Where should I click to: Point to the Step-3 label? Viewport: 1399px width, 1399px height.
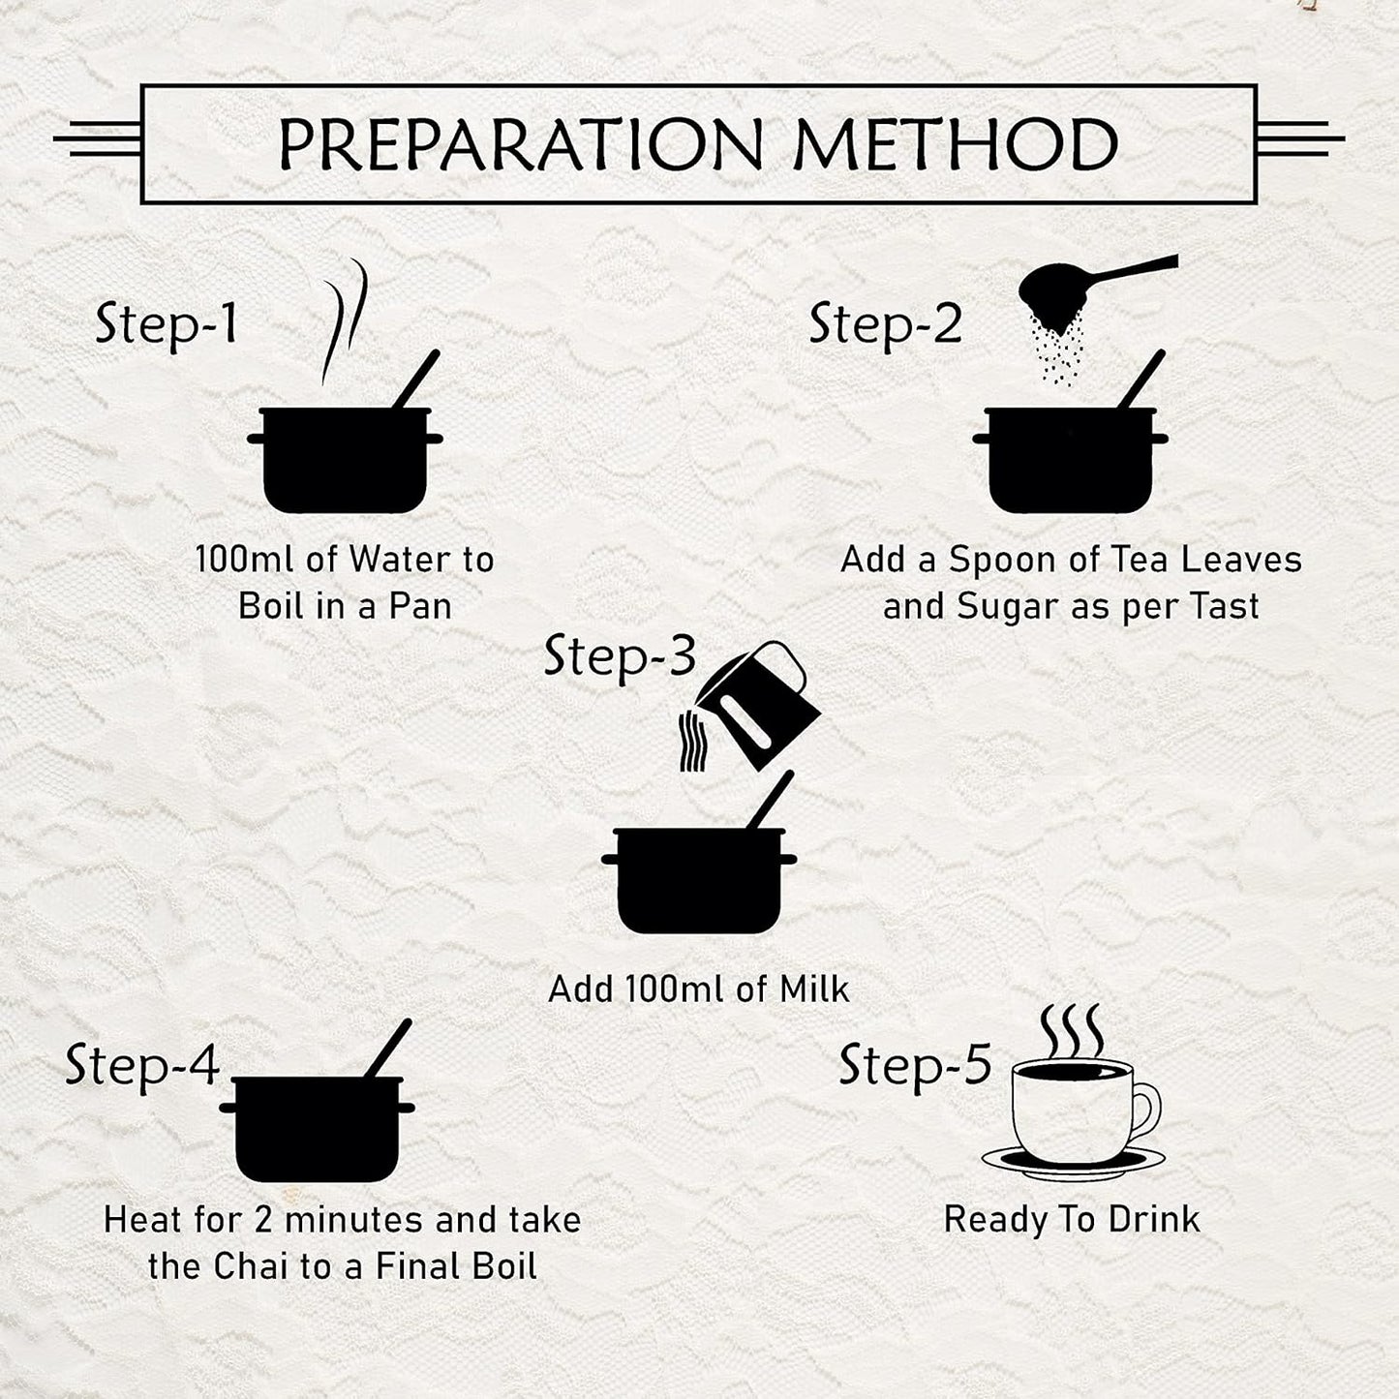(620, 656)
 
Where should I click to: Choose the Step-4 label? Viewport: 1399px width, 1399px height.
(142, 1067)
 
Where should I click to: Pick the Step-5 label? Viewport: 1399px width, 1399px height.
(915, 1067)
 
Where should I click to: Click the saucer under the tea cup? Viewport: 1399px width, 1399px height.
(1073, 1162)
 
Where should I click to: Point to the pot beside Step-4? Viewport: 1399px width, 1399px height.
(318, 1118)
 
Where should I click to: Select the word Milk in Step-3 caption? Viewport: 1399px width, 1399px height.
(814, 988)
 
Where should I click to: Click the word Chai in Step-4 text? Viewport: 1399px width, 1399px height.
(245, 1267)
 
